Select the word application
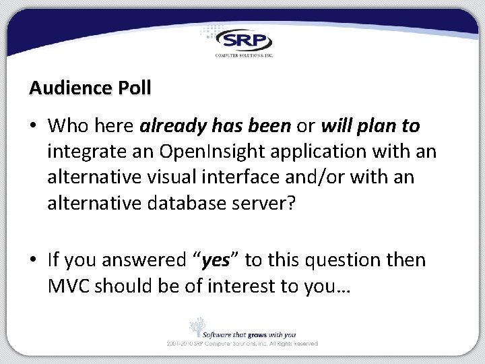309,152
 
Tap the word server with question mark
263,203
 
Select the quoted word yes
216,260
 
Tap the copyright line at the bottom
243,344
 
